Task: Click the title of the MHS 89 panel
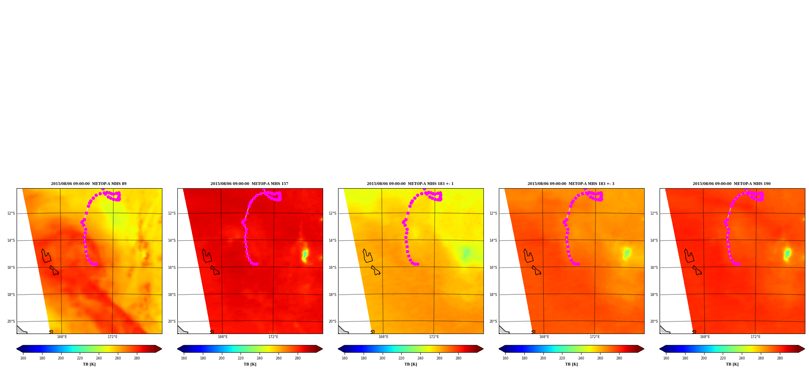(89, 184)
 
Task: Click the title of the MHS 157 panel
(249, 184)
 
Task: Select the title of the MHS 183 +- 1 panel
(410, 184)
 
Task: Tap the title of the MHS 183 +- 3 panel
(571, 184)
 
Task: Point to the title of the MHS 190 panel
(732, 184)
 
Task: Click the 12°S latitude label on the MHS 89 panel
(11, 213)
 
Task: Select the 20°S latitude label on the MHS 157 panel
(172, 321)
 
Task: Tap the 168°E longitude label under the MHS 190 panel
(705, 337)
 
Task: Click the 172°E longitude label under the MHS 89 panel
(113, 337)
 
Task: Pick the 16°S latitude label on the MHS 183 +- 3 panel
(493, 268)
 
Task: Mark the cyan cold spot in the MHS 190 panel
(787, 254)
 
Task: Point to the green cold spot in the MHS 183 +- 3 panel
(627, 253)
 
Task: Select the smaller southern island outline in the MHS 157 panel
(215, 270)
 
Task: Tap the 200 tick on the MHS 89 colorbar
(61, 358)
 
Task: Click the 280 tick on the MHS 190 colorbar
(780, 358)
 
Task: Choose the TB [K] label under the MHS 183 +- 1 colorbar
(411, 364)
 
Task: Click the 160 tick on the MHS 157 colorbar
(184, 358)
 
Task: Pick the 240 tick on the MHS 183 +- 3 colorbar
(581, 358)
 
